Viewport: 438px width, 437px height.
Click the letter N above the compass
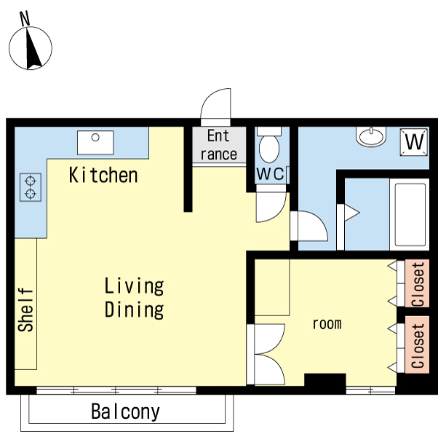pos(25,18)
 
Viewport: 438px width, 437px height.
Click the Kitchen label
pos(103,176)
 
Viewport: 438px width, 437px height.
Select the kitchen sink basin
pos(95,143)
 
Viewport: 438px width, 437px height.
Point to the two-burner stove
pos(31,187)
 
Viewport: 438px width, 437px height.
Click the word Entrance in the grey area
pos(219,145)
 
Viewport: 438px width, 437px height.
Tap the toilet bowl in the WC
pos(269,148)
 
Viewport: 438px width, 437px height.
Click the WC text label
pos(270,173)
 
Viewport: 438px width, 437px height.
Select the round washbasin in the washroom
pos(371,136)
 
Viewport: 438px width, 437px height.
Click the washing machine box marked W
pos(414,142)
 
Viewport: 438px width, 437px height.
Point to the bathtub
pos(409,214)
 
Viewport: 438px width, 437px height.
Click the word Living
pos(134,286)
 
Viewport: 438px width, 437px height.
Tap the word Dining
pos(134,310)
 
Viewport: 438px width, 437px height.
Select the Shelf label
pos(25,310)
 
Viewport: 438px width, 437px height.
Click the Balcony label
pos(125,412)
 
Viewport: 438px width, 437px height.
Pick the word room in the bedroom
pos(327,324)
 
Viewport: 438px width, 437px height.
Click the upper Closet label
pos(418,284)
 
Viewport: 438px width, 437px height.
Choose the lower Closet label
pos(418,345)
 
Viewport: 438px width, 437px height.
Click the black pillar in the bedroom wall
pos(325,380)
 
